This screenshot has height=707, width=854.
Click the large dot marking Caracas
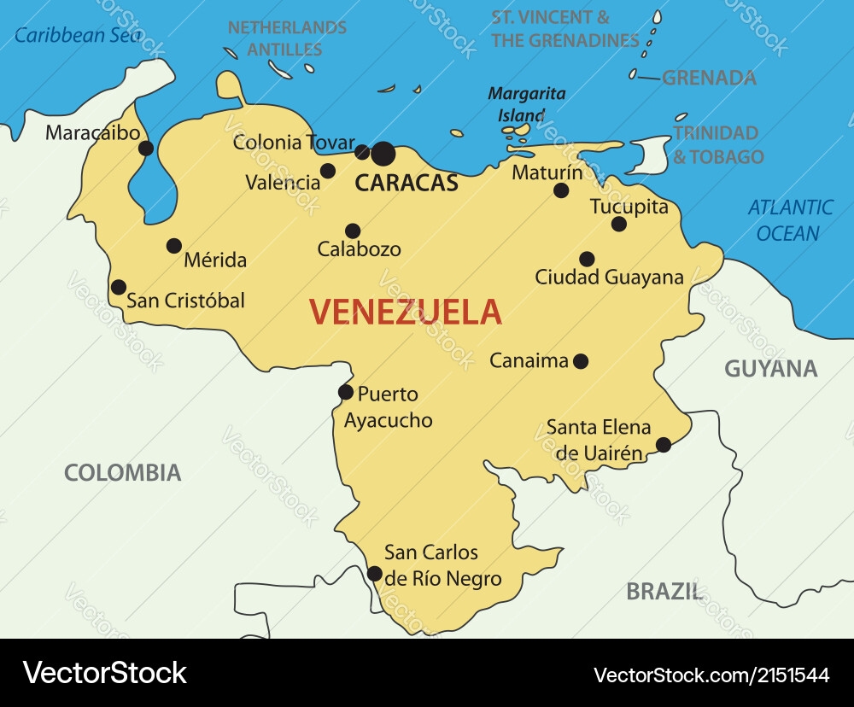click(x=383, y=154)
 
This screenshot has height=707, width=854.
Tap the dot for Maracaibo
click(x=146, y=149)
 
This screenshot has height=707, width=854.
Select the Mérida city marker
click(x=174, y=246)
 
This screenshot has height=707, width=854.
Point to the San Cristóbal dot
click(x=119, y=288)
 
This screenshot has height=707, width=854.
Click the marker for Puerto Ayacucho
click(x=346, y=393)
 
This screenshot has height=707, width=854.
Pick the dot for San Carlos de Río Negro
click(x=374, y=574)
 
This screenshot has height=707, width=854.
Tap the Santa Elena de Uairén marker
click(x=664, y=444)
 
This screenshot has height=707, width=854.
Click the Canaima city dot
click(x=581, y=361)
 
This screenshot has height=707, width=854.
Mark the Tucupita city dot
click(x=619, y=225)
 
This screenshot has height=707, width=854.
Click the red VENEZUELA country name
click(x=405, y=312)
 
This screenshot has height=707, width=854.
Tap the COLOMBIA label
click(x=123, y=472)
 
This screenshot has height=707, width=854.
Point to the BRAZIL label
click(x=664, y=591)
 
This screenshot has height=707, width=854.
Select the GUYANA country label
click(x=770, y=369)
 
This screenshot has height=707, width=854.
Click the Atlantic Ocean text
click(x=790, y=220)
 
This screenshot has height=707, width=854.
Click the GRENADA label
click(x=709, y=78)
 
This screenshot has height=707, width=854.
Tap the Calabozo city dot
click(x=353, y=231)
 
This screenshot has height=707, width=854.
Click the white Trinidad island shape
click(x=653, y=155)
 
